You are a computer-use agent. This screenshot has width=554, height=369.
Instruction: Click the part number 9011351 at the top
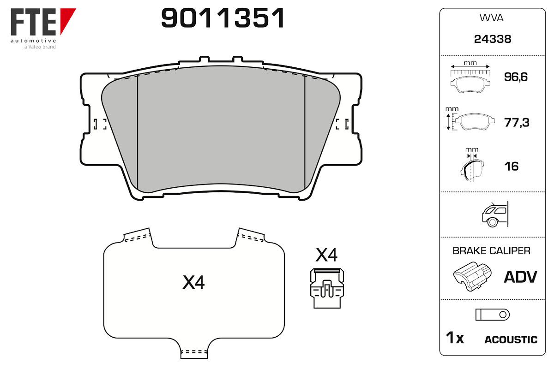click(223, 18)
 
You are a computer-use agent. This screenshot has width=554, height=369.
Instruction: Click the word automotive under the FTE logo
click(33, 41)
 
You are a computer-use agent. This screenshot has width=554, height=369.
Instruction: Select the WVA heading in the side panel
click(491, 18)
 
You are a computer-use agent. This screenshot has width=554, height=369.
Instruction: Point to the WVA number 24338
click(493, 39)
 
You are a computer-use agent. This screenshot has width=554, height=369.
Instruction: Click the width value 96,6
click(516, 77)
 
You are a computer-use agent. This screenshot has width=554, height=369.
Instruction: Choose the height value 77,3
click(517, 123)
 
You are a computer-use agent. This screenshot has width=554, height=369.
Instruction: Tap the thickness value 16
click(512, 167)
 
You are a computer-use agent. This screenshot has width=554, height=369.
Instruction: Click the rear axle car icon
click(495, 214)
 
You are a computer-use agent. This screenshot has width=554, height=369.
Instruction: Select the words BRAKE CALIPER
click(491, 251)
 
